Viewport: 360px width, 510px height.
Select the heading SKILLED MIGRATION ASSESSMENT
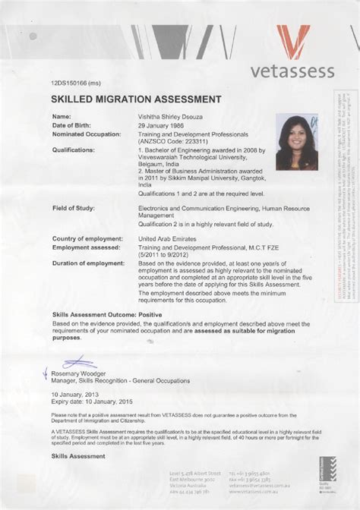pyautogui.click(x=136, y=99)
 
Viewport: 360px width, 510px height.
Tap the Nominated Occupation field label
pyautogui.click(x=86, y=134)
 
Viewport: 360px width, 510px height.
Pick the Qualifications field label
pyautogui.click(x=73, y=150)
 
